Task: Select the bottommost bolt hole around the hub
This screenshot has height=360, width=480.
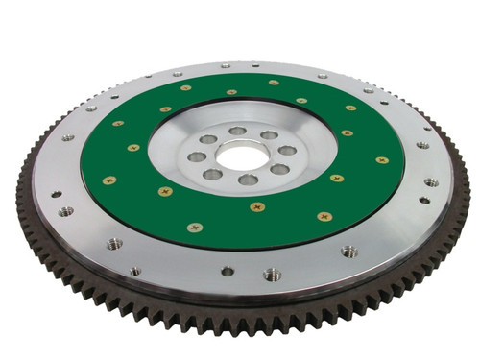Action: [x=248, y=180]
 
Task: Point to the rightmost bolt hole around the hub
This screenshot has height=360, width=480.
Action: [x=289, y=150]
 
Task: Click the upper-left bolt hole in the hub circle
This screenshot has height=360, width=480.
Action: [x=208, y=140]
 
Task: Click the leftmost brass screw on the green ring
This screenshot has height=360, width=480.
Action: [x=109, y=180]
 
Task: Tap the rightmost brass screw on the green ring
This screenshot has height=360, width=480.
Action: [x=382, y=160]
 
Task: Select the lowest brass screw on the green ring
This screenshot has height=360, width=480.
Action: [x=195, y=228]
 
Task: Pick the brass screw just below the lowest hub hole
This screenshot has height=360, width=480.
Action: [x=257, y=206]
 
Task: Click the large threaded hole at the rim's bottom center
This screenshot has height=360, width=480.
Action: [x=272, y=275]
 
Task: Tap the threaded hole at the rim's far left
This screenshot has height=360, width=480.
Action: [x=65, y=211]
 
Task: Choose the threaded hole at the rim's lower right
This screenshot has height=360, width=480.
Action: [x=348, y=252]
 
